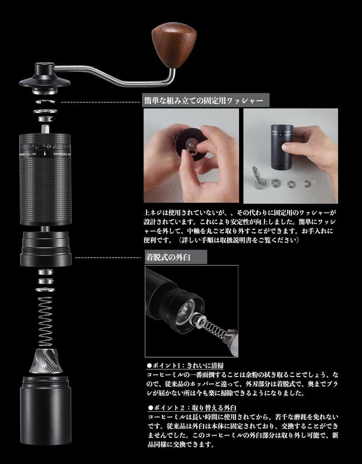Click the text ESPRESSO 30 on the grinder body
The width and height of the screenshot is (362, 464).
tap(62, 154)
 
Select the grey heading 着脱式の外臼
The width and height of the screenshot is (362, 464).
tap(176, 257)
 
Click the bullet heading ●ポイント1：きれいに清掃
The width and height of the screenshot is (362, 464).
tap(186, 365)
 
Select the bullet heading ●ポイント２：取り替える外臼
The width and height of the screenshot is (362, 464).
tap(192, 407)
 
